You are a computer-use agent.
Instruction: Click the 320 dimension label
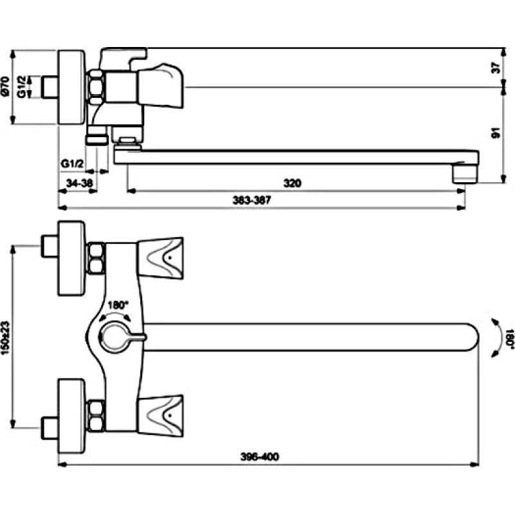[x=292, y=183]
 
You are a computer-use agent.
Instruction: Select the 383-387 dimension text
[x=252, y=200]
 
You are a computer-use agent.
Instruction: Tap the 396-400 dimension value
[x=260, y=456]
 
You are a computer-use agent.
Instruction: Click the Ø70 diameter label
[x=5, y=87]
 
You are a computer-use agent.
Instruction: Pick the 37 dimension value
[x=496, y=68]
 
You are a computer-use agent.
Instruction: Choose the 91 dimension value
[x=496, y=133]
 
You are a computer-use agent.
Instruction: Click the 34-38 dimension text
[x=79, y=183]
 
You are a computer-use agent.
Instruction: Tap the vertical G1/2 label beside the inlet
[x=22, y=87]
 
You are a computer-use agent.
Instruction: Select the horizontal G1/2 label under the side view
[x=72, y=164]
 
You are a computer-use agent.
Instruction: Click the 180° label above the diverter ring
[x=118, y=305]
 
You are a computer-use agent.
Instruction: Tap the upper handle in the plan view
[x=160, y=259]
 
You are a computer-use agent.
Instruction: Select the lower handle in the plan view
[x=160, y=416]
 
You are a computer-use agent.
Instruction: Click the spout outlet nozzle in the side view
[x=465, y=173]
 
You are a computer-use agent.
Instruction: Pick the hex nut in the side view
[x=95, y=88]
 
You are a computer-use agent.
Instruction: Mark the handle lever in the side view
[x=160, y=86]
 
